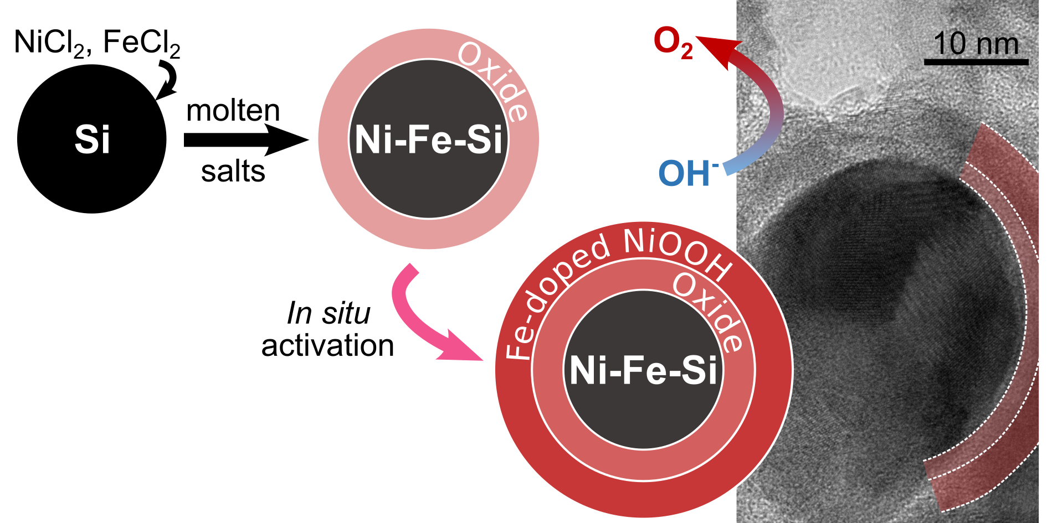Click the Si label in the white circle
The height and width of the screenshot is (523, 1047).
tap(92, 139)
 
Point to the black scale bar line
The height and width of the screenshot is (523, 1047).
tap(976, 62)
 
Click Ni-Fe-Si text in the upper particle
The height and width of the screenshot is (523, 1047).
tap(428, 139)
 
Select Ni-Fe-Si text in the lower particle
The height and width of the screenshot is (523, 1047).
tap(643, 370)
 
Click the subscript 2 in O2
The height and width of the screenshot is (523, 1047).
tap(686, 51)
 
